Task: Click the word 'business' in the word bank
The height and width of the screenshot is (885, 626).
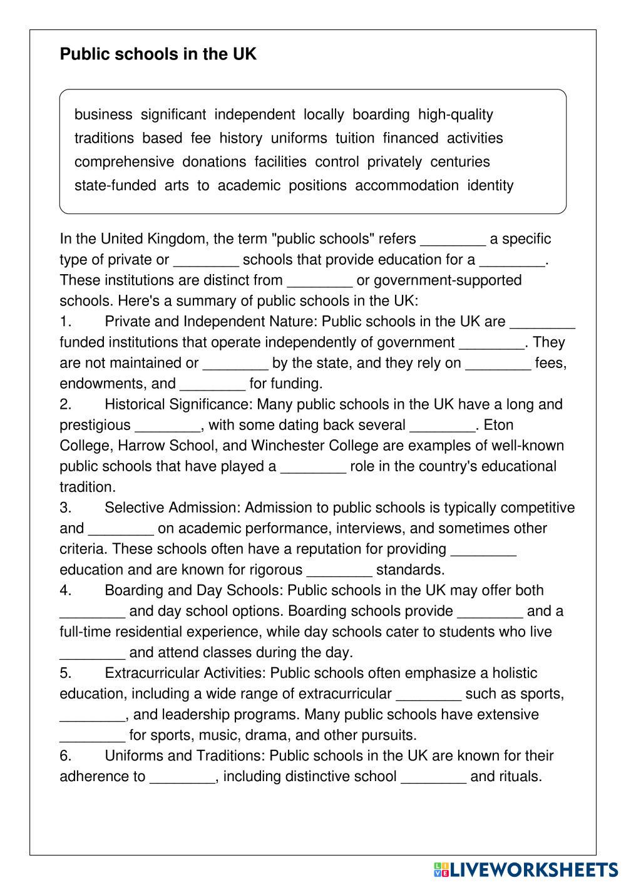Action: click(x=103, y=115)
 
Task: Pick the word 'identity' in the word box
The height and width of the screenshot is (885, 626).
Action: click(x=490, y=186)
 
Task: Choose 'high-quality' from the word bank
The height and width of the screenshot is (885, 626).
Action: click(x=456, y=115)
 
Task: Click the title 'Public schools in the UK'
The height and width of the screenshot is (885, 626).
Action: click(x=158, y=54)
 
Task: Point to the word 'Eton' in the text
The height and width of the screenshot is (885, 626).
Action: click(x=499, y=426)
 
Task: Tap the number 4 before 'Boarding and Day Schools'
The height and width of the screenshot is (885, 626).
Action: click(x=65, y=591)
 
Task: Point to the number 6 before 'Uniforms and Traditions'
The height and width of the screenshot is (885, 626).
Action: click(x=65, y=756)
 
